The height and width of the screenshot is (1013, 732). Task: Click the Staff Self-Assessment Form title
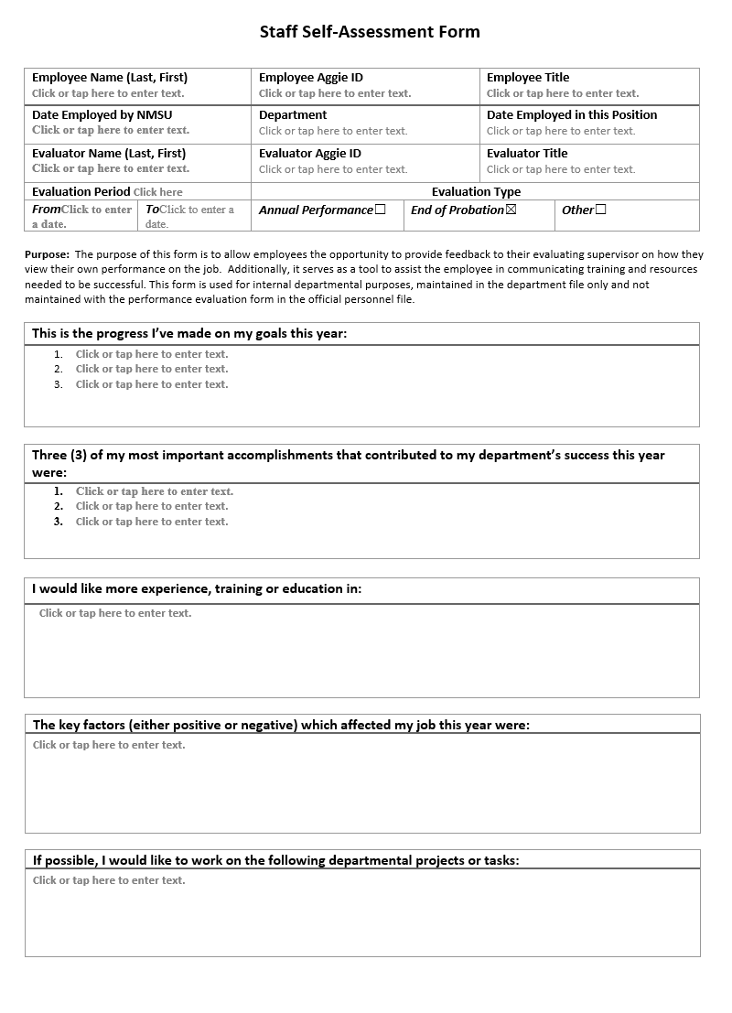tap(370, 32)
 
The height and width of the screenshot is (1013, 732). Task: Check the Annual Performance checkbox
tap(381, 210)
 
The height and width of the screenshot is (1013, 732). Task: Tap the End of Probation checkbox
tap(511, 210)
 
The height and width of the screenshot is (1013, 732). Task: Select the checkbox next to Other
tap(601, 210)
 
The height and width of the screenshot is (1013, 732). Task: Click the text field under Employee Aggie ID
tap(335, 93)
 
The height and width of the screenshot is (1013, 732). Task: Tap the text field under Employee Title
tap(563, 93)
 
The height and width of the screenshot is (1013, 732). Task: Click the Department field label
tap(293, 115)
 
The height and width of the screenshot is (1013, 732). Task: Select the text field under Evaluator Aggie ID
tap(333, 169)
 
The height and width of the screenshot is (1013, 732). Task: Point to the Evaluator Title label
tap(527, 154)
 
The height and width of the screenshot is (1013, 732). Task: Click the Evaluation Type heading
tap(476, 192)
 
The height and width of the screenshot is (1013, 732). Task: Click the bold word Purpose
tap(47, 254)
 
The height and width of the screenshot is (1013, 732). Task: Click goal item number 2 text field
tap(152, 369)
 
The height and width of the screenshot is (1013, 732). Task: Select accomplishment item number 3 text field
tap(152, 522)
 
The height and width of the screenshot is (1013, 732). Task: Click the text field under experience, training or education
tap(115, 613)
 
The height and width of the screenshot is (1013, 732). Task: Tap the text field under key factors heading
tap(109, 745)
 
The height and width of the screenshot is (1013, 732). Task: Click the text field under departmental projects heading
tap(109, 880)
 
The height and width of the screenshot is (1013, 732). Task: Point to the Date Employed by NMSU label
tap(102, 115)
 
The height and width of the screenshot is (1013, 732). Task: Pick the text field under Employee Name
tap(108, 93)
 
